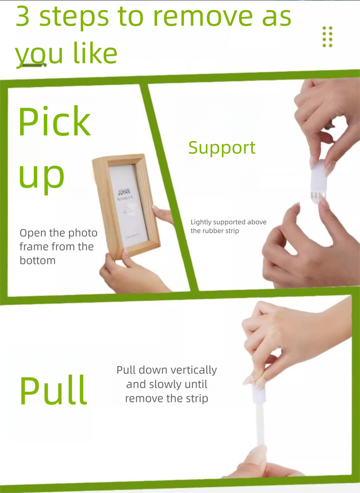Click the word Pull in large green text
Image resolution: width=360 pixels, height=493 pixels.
coord(53,390)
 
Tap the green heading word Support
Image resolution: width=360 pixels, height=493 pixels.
coord(222,148)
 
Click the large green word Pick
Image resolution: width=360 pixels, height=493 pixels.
coord(54,122)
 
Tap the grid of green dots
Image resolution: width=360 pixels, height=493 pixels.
coord(328,36)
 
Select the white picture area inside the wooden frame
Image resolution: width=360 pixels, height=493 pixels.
coord(128,207)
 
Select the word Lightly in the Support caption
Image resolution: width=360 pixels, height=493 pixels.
coord(202,222)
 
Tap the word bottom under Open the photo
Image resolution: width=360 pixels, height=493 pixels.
coord(37,260)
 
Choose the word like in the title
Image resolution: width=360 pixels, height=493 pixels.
coord(95,54)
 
